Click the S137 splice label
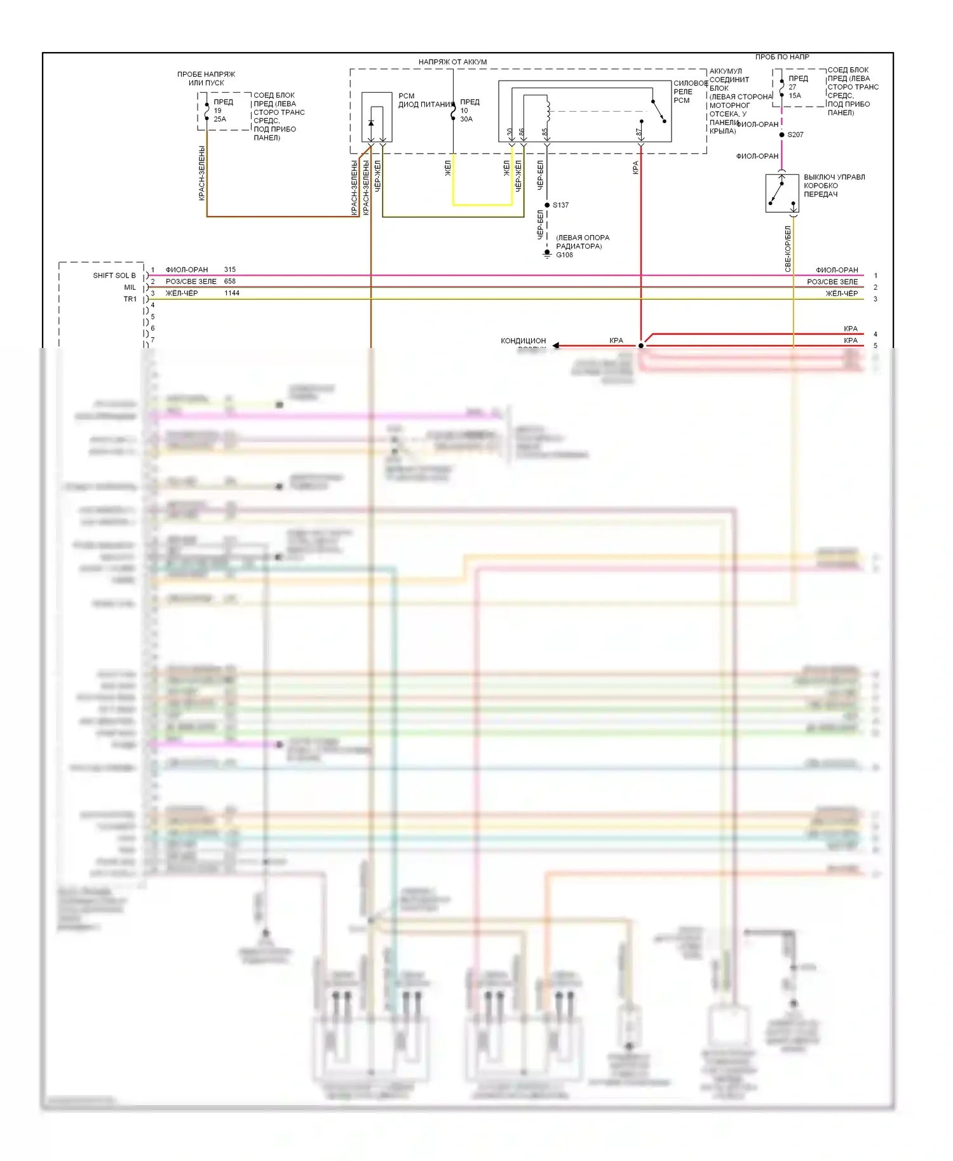[x=560, y=205]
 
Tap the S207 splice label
[x=795, y=135]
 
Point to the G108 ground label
[x=564, y=255]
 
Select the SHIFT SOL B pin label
[x=114, y=276]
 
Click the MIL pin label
[x=130, y=287]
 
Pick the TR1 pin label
[x=130, y=299]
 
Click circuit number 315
[x=230, y=270]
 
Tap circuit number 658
[x=230, y=281]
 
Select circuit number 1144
[x=232, y=293]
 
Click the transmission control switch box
[x=782, y=193]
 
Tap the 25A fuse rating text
[x=220, y=119]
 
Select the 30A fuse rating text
[x=466, y=119]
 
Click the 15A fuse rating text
[x=795, y=96]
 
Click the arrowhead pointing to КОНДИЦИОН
[x=556, y=346]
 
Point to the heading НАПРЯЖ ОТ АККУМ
[x=452, y=62]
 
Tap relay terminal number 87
[x=639, y=132]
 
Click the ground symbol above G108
[x=547, y=253]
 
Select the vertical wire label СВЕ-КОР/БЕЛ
[x=788, y=249]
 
